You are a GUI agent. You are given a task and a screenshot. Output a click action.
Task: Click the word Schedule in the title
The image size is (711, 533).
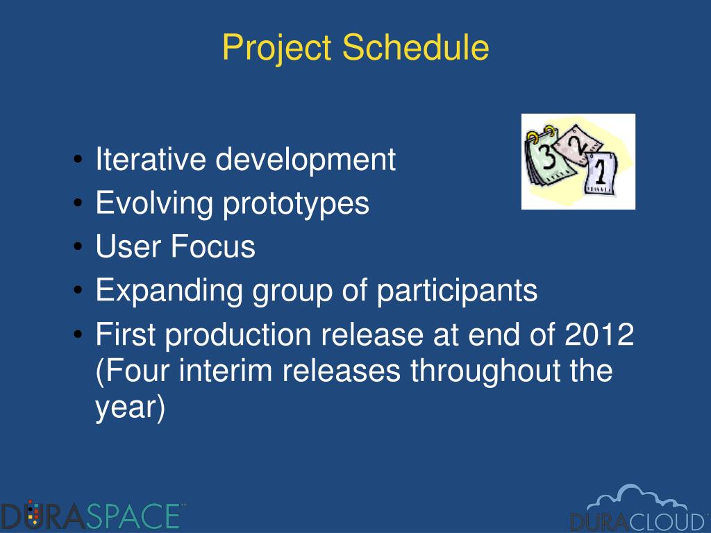click(x=415, y=46)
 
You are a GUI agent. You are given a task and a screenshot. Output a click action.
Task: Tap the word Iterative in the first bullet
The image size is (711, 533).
click(x=150, y=159)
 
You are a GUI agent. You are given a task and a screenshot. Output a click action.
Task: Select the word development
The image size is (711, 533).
click(x=306, y=160)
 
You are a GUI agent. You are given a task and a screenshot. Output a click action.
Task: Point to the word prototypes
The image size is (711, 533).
click(x=296, y=203)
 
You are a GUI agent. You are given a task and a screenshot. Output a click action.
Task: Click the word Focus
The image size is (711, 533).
click(x=212, y=246)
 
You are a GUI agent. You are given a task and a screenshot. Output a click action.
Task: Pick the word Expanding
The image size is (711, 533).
click(x=168, y=291)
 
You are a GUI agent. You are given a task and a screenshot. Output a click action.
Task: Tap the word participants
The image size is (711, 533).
click(x=457, y=291)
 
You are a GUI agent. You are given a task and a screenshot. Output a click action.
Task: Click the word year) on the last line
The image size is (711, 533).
click(x=130, y=407)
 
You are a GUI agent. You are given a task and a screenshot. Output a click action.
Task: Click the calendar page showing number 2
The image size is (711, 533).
click(x=578, y=145)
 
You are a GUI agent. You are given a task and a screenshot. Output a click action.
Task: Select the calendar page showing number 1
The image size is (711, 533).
click(x=601, y=173)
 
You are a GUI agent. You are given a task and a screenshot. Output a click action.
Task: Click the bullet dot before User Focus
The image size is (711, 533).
click(x=78, y=247)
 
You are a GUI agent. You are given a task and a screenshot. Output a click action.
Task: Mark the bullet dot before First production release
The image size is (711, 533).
click(x=78, y=335)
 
